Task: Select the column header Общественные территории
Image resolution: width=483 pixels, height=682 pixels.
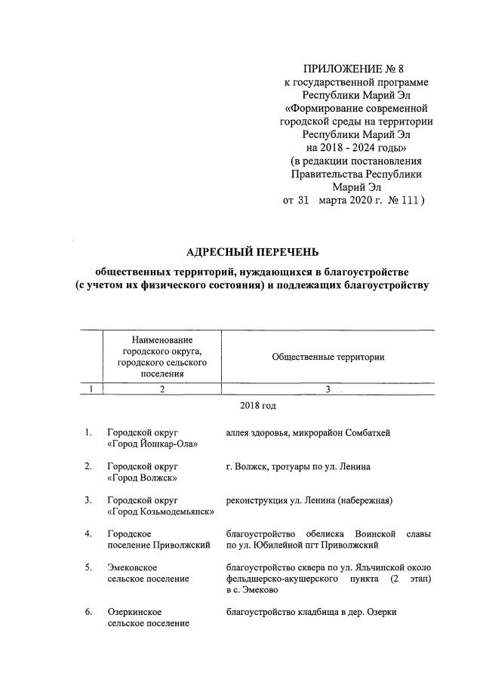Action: click(x=328, y=357)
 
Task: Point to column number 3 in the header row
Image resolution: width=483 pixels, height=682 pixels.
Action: click(x=328, y=389)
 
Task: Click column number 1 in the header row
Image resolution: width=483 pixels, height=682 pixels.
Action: click(x=91, y=389)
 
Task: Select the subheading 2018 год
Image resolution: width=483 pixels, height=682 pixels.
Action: click(x=258, y=406)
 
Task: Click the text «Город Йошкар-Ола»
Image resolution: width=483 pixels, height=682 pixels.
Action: click(x=152, y=444)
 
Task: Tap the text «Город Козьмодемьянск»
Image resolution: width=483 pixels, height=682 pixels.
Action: click(x=161, y=512)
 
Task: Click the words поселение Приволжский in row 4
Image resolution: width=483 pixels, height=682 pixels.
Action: click(x=158, y=545)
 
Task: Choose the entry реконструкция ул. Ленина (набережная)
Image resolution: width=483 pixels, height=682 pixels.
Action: click(x=308, y=500)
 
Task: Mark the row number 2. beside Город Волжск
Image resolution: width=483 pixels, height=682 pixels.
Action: click(x=88, y=466)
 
